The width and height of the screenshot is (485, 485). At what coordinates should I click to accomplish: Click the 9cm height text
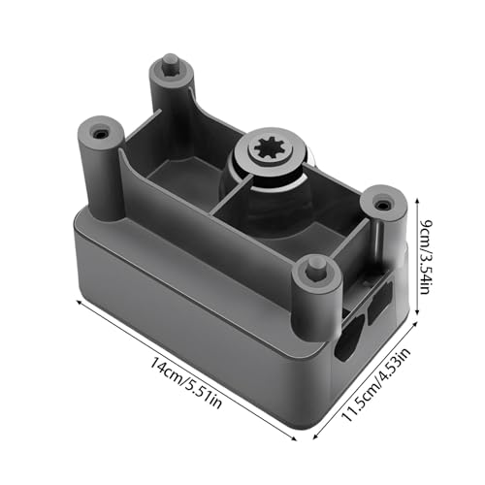pos(426,229)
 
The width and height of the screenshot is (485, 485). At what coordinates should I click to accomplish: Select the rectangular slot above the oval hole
pos(379,301)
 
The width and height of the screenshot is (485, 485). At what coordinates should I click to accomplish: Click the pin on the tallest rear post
pos(170,65)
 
